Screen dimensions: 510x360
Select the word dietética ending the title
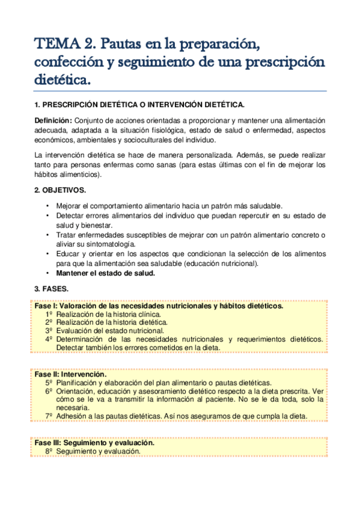pos(63,79)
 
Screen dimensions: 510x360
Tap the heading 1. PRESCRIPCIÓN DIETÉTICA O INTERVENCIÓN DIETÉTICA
pos(139,104)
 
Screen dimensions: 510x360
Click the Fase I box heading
pos(159,306)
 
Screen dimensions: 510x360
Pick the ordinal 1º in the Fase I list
pos(49,314)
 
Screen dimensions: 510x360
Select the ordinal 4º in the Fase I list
pos(49,339)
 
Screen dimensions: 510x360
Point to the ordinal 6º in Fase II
pos(49,390)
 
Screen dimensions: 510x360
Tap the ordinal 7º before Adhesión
pos(49,416)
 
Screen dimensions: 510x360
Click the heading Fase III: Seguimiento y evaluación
pos(94,443)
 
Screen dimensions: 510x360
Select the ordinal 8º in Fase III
pos(49,451)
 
